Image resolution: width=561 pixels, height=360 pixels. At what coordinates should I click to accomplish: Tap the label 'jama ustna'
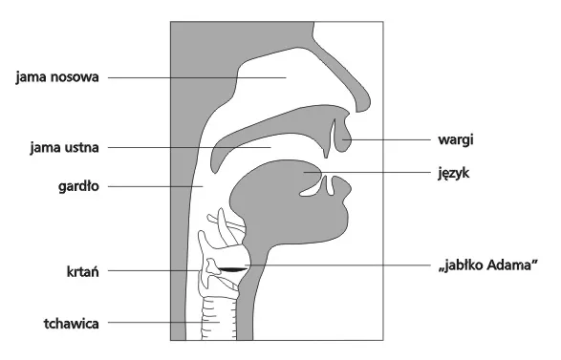click(x=60, y=148)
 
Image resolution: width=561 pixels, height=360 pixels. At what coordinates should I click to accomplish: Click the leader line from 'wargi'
click(x=392, y=139)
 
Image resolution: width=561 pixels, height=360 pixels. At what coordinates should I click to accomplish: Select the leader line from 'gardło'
click(x=153, y=186)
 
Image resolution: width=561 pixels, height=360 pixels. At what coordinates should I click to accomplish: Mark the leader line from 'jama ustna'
click(x=191, y=148)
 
